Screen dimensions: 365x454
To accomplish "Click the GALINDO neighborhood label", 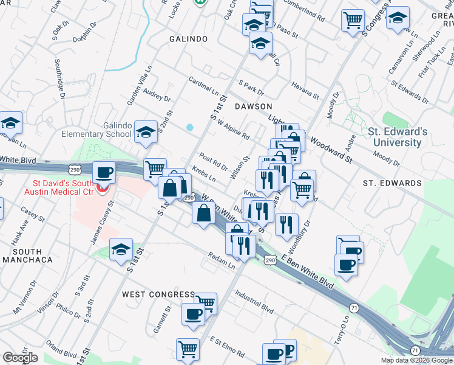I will coord(188,39).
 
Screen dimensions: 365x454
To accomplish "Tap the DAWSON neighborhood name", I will coord(253,106).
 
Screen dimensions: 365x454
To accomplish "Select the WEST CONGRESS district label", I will coord(158,294).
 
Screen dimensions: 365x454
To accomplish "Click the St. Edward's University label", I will coord(398,137).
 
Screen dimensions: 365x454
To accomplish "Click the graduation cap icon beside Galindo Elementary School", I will coord(145,132).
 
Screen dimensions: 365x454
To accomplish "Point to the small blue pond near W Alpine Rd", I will coord(190,128).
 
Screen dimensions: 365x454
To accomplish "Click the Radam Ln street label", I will coord(221,260).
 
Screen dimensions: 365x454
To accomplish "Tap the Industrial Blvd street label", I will coord(255,299).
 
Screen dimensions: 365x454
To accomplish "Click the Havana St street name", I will coord(305,91).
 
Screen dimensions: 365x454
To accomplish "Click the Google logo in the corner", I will coord(20,358).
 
